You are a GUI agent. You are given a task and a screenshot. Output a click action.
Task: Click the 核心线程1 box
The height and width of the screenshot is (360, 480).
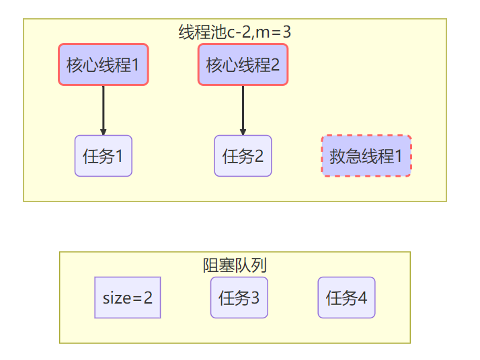[x=103, y=64]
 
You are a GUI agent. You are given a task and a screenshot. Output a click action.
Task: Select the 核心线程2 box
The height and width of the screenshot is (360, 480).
[x=243, y=64]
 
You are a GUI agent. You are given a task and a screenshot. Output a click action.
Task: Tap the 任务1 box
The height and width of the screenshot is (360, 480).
[x=103, y=156]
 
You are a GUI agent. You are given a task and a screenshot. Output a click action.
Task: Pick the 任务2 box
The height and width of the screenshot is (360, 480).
[x=243, y=156]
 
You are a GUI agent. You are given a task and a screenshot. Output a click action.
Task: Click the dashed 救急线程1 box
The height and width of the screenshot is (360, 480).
[x=366, y=156]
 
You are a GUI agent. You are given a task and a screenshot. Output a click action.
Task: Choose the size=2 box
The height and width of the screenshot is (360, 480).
[x=128, y=297]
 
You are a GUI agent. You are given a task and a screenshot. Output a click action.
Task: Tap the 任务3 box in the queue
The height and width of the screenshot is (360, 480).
[x=239, y=297]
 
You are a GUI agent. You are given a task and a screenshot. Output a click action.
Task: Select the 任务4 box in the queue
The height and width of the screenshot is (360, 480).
[x=346, y=297]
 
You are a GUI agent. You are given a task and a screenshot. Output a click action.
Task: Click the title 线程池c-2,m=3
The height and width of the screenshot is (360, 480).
[x=235, y=31]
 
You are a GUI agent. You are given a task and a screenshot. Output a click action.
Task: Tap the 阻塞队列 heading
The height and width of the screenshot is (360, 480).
[x=235, y=265]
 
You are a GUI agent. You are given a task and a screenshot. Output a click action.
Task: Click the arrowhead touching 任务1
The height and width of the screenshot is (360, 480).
[x=103, y=131]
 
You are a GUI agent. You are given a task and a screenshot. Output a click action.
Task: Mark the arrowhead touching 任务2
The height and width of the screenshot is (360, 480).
[x=243, y=131]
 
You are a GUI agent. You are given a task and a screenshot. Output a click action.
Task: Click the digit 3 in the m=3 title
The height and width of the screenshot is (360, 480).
[x=286, y=31]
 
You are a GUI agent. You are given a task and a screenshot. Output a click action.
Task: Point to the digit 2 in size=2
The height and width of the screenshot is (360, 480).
[x=148, y=297]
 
